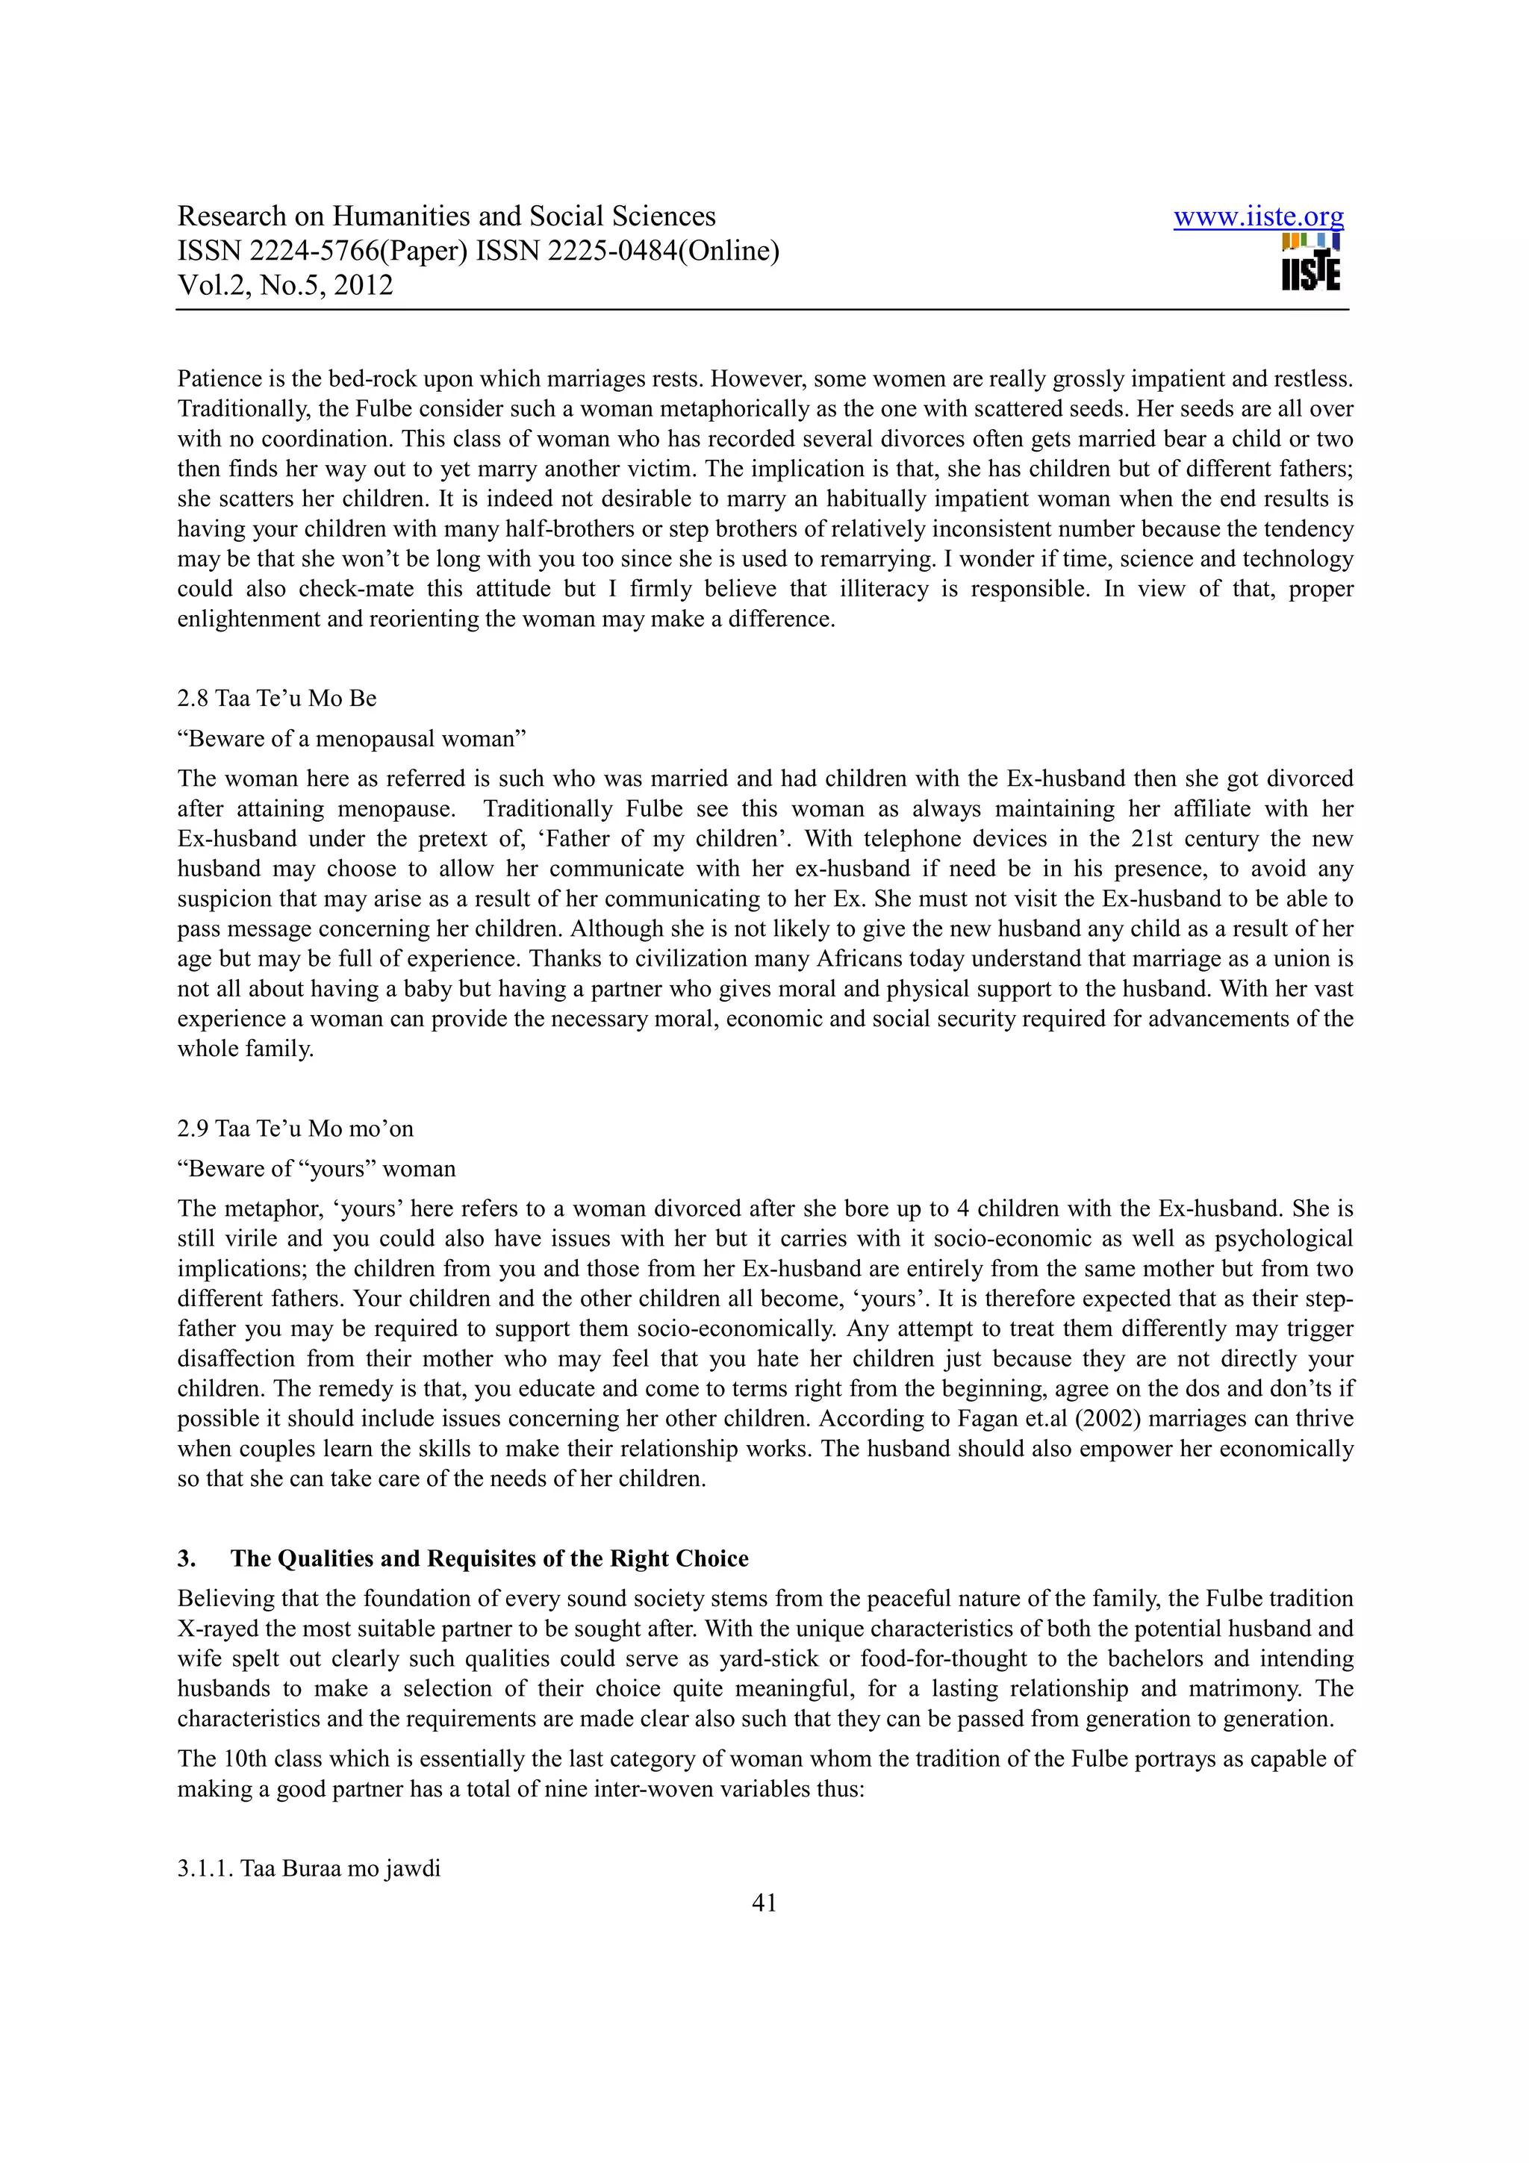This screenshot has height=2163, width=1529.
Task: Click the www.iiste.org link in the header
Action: (1258, 218)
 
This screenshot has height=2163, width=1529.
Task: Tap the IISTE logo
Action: (1310, 263)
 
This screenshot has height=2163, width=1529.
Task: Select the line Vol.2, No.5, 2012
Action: (285, 285)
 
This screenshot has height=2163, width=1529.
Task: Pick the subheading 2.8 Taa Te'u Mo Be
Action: (277, 698)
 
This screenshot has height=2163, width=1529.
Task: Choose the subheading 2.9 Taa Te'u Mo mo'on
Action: (295, 1129)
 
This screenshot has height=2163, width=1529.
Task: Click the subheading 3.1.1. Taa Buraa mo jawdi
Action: (309, 1868)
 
